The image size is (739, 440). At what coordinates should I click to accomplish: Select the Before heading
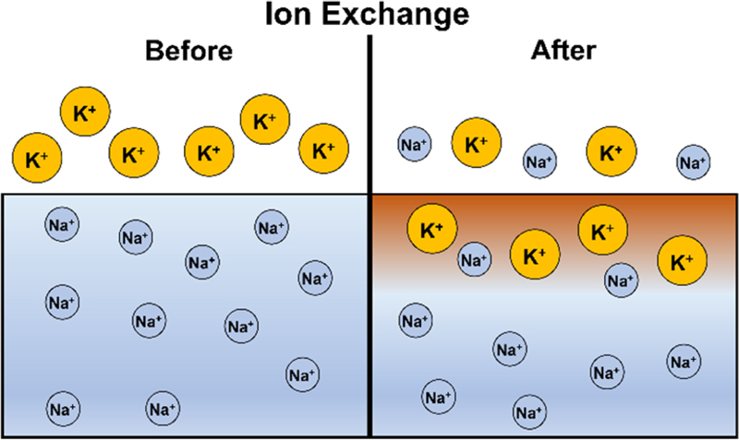[x=189, y=52]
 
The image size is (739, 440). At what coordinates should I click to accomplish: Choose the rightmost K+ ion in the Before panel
[x=323, y=149]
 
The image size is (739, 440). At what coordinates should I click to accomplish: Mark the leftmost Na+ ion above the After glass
[x=415, y=144]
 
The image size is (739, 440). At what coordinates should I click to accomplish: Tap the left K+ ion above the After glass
[x=477, y=144]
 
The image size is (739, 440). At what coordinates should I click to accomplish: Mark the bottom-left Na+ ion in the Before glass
[x=63, y=408]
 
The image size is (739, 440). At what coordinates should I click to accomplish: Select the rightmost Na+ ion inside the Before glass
[x=315, y=277]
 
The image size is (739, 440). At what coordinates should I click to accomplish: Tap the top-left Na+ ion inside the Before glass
[x=63, y=223]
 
